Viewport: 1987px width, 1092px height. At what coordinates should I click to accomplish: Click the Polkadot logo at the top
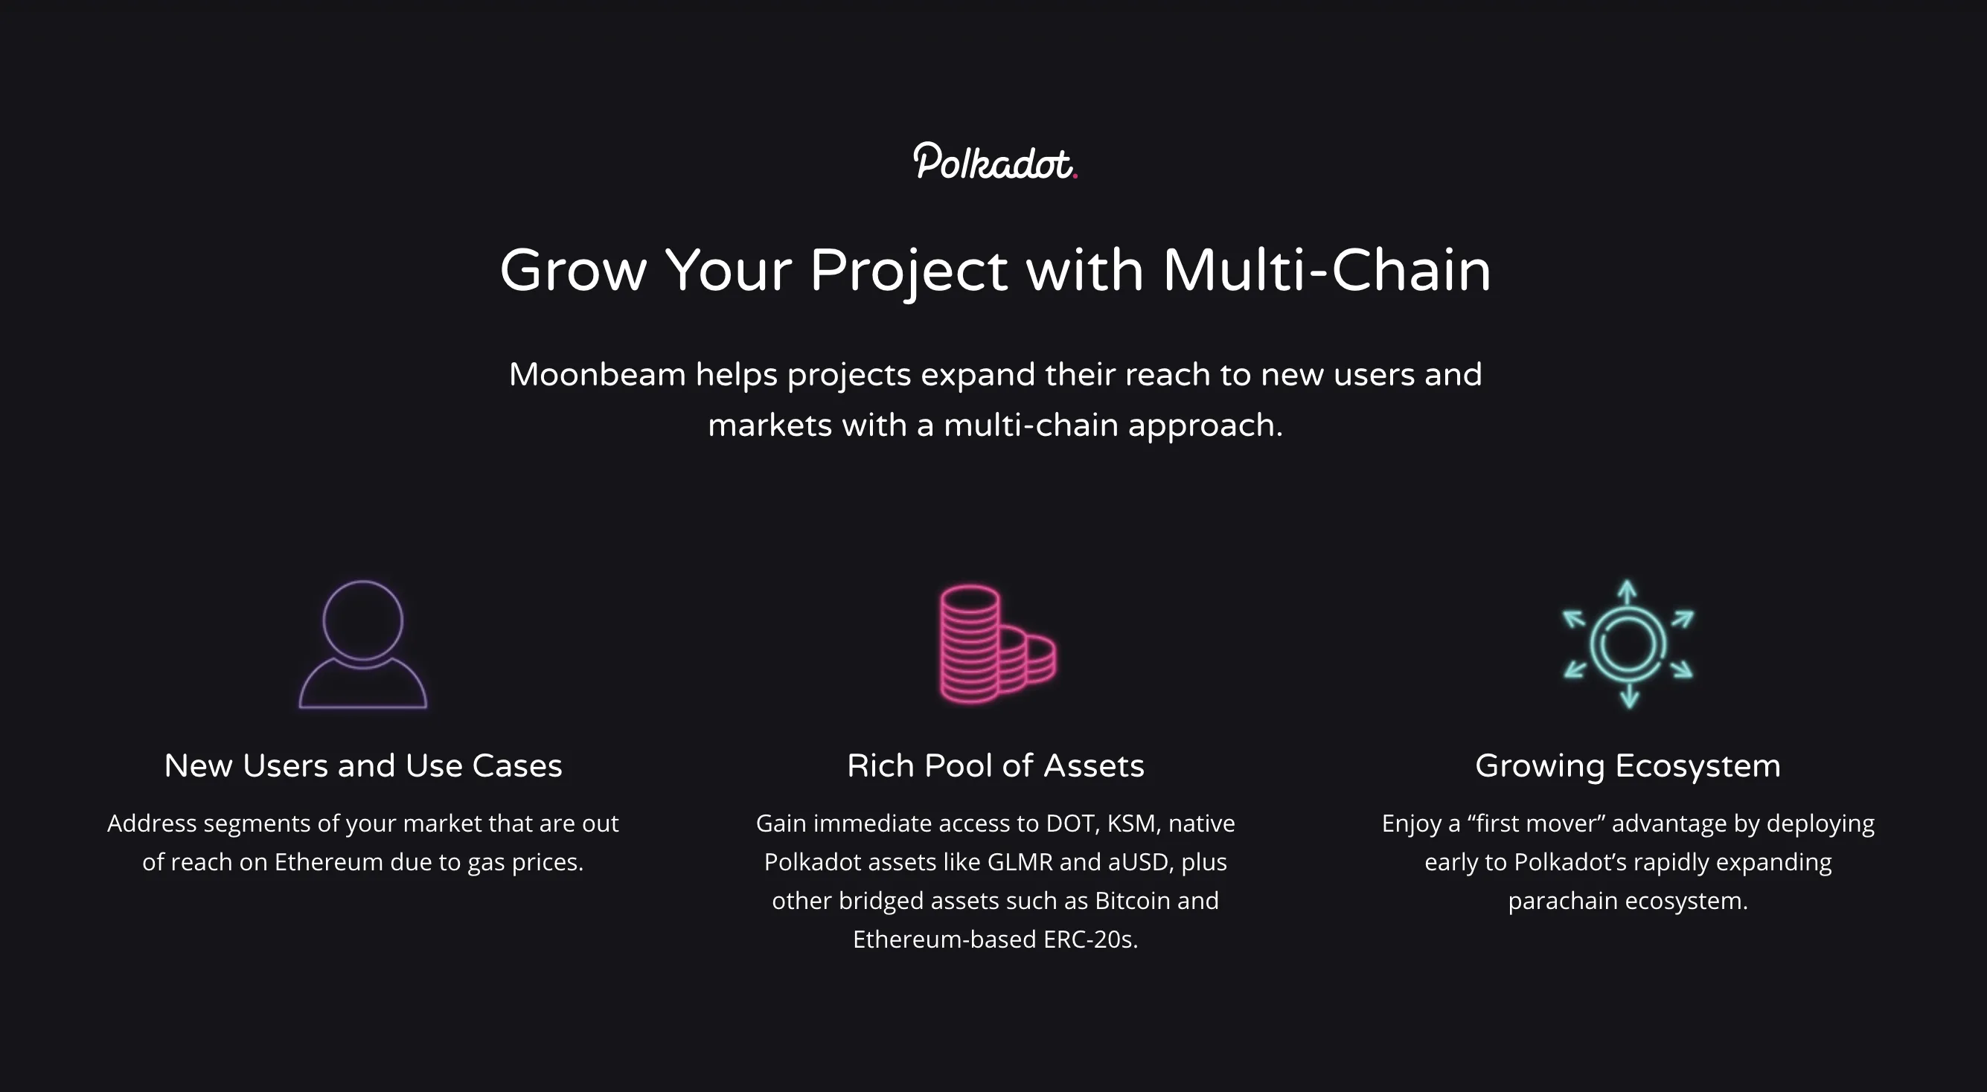pos(994,162)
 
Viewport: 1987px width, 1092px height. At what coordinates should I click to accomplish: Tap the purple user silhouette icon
pos(362,645)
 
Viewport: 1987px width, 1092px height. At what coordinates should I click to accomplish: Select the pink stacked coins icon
pos(996,645)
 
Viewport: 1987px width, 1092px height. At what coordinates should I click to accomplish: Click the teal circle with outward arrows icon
pos(1628,645)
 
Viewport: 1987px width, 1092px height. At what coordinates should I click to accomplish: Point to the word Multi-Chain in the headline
pos(1326,271)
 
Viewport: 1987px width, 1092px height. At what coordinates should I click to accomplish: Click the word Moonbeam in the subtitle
pos(597,375)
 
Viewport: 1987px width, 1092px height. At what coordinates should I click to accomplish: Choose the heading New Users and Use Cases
pos(362,765)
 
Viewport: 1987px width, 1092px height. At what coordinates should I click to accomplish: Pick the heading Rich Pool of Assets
pos(995,765)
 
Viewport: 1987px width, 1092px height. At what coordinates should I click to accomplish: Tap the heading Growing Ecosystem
pos(1628,765)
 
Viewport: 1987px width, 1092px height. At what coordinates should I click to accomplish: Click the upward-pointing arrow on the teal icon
pos(1628,592)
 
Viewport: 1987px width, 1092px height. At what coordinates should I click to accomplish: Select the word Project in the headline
pos(908,271)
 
